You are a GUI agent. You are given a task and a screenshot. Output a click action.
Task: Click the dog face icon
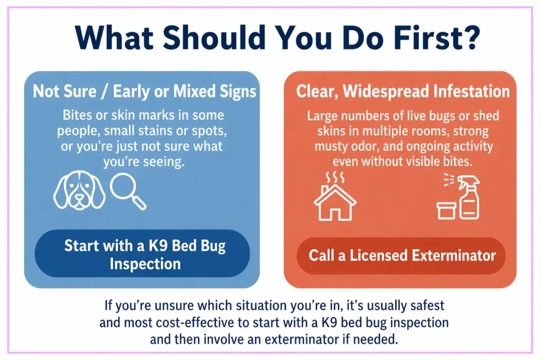pos(79,190)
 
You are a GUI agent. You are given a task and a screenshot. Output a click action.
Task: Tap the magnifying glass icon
pos(128,191)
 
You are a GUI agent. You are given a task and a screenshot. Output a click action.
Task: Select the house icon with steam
pos(334,196)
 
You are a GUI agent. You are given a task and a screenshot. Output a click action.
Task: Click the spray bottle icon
pos(466,197)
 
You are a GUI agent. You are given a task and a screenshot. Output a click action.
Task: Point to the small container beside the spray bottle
pos(446,211)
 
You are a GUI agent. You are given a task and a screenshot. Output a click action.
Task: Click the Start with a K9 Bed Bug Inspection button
pos(142,253)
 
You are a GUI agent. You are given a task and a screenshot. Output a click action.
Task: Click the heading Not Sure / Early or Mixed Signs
pos(145,91)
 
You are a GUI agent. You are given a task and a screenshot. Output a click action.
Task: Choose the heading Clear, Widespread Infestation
pos(403,91)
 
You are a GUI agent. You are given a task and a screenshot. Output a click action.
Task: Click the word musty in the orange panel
pos(330,147)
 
